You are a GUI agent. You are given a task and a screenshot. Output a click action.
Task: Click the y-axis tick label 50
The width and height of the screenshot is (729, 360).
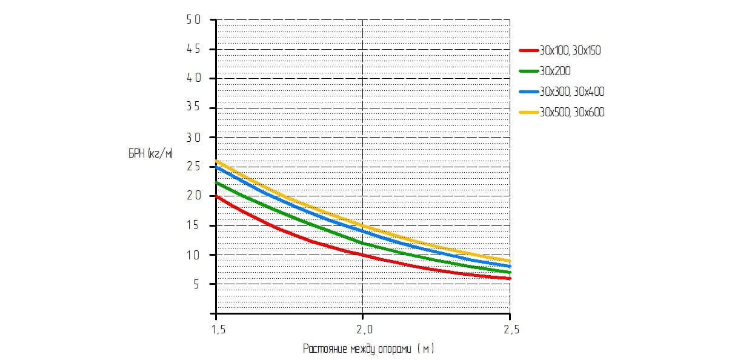pos(193,20)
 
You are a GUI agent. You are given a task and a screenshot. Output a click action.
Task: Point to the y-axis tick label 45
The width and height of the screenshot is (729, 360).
pos(193,50)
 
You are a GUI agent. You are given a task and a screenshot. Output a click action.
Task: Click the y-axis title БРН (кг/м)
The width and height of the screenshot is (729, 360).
pos(150,155)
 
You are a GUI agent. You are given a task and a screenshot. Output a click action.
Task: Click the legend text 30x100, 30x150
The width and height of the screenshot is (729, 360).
pos(570,51)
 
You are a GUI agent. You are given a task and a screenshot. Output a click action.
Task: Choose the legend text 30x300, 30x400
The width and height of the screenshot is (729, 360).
pos(572,92)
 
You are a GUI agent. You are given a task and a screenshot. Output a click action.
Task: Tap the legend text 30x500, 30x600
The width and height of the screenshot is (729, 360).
pos(572,113)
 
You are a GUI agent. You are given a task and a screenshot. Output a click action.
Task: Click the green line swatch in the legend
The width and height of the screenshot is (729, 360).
pos(529,72)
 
